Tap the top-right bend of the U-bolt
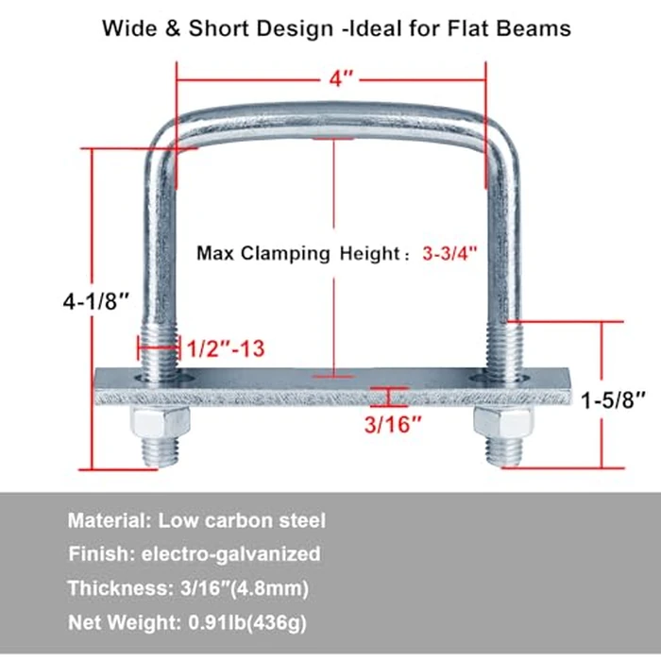[x=495, y=132]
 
